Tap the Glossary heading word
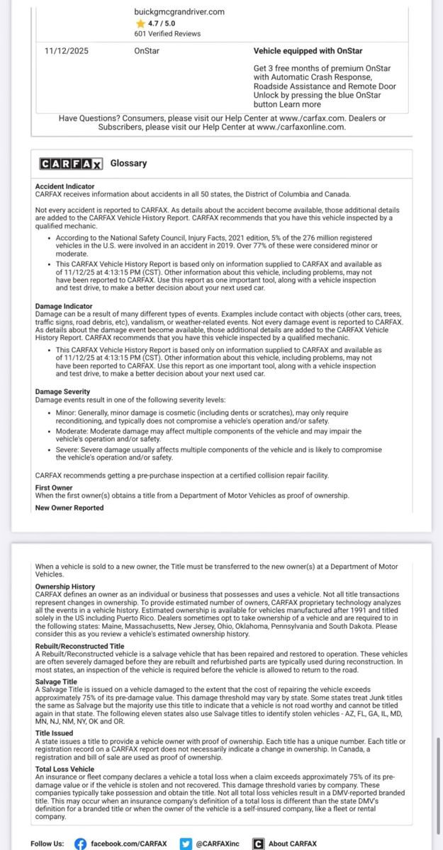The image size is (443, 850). pos(128,164)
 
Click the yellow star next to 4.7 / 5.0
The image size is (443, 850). pos(140,23)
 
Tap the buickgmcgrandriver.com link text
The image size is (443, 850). pos(179,12)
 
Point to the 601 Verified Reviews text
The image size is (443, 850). pos(167,33)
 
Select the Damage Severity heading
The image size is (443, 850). pos(62,392)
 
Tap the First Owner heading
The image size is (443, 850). pos(53,488)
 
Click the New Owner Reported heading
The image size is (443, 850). pos(69,508)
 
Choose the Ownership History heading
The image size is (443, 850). pos(65,586)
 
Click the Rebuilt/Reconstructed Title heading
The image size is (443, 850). pos(80,647)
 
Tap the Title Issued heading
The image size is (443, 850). pos(54,733)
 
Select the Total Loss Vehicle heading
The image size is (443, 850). pos(65,769)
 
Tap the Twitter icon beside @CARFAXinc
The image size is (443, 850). pos(186,844)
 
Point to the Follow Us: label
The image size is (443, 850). pos(47,844)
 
